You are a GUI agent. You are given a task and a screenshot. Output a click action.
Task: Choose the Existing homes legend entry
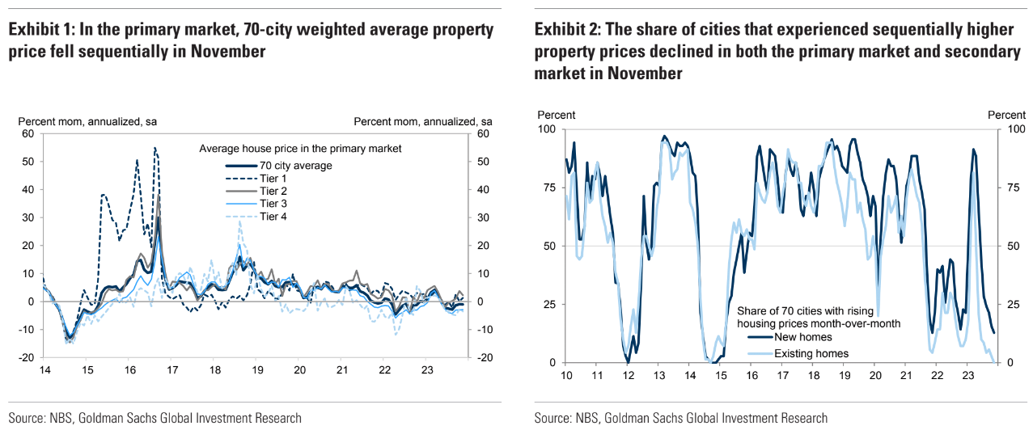coord(811,353)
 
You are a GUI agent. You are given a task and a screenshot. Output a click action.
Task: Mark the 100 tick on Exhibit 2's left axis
coord(548,129)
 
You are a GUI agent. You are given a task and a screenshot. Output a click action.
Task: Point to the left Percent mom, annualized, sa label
coord(87,121)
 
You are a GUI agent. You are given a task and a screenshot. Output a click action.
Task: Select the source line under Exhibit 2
coord(681,418)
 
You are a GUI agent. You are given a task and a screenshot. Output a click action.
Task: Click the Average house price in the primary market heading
coord(300,149)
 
